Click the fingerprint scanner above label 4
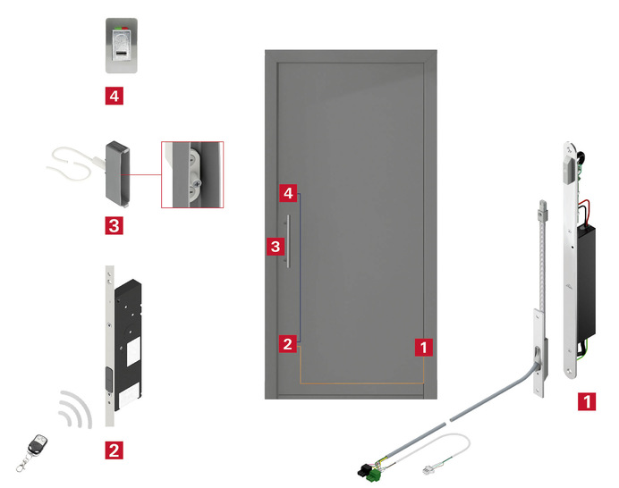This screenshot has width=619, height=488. (x=122, y=46)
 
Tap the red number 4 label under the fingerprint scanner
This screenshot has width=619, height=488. (x=114, y=96)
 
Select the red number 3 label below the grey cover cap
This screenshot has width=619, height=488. (x=114, y=225)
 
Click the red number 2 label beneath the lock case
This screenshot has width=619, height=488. (x=114, y=450)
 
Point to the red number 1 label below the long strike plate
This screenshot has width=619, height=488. (x=587, y=401)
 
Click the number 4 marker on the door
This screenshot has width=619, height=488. (x=288, y=193)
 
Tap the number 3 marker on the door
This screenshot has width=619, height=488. (x=276, y=247)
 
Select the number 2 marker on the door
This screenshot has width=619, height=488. (x=288, y=344)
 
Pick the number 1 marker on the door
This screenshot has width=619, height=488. (x=424, y=347)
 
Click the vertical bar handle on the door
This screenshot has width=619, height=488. (x=288, y=241)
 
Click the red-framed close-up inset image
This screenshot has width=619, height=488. (x=192, y=174)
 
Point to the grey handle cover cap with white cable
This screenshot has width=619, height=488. (x=117, y=174)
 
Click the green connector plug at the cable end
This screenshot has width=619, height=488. (x=375, y=476)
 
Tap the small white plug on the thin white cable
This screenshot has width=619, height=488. (x=427, y=470)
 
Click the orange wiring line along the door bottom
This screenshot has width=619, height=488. (x=361, y=383)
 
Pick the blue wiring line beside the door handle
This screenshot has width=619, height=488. (x=300, y=268)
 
